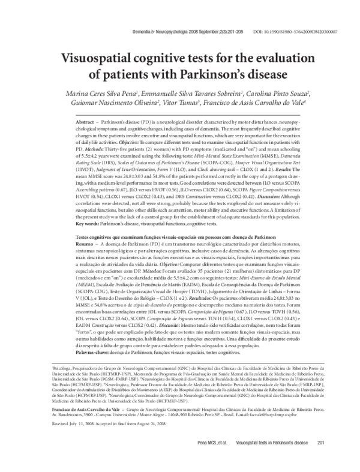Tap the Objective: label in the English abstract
tap(143, 142)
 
